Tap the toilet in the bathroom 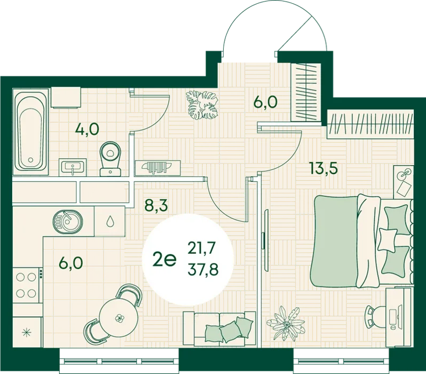(111, 159)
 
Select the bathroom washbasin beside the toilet (73, 167)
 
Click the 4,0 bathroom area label (87, 129)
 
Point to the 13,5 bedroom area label (324, 168)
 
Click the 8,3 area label (156, 205)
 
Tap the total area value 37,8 (203, 270)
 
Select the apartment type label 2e (164, 260)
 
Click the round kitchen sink (68, 222)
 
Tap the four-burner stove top (26, 285)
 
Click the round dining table (119, 317)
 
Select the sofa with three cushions (219, 329)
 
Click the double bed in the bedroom (361, 240)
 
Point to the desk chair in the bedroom (375, 317)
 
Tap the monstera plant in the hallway (202, 105)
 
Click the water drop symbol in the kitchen (110, 221)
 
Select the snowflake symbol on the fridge (26, 332)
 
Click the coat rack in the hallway (158, 167)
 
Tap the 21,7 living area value (202, 248)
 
